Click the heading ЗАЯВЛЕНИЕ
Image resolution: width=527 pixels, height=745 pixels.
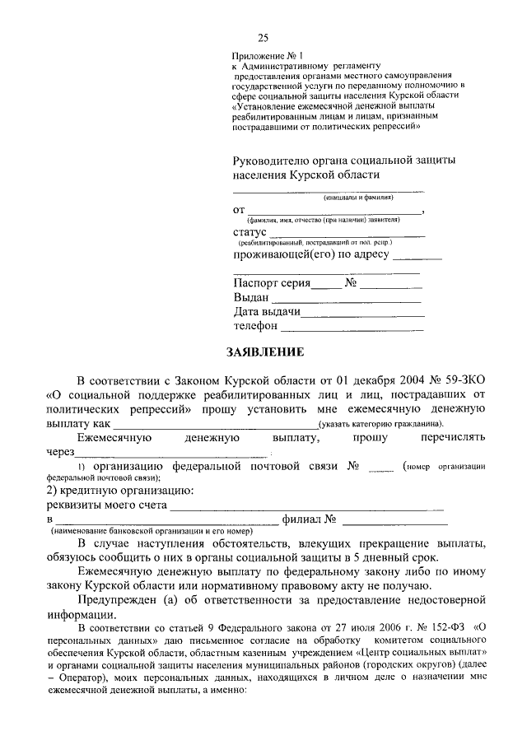pyautogui.click(x=265, y=352)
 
